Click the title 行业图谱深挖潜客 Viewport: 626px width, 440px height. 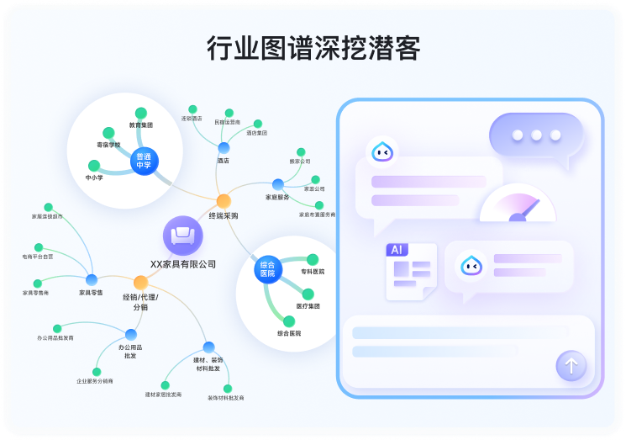[x=313, y=49]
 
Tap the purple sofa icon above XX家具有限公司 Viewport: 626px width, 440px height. [x=181, y=236]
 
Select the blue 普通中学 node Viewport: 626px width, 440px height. [x=145, y=161]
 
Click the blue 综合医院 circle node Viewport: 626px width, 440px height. [x=267, y=269]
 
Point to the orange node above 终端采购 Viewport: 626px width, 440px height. [x=224, y=200]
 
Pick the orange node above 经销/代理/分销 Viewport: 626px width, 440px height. [x=140, y=282]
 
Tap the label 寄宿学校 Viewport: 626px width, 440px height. [x=108, y=145]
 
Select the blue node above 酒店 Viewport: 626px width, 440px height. [x=224, y=148]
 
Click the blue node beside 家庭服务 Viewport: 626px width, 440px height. [x=278, y=184]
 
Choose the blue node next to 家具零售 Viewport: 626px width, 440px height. [x=92, y=279]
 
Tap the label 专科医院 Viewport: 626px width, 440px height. [x=313, y=272]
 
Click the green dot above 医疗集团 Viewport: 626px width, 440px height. [x=308, y=294]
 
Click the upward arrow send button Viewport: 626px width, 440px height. [x=571, y=366]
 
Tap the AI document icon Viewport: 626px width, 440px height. [x=410, y=270]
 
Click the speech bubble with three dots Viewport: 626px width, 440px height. [x=535, y=135]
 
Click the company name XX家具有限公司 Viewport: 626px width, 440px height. [x=183, y=263]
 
